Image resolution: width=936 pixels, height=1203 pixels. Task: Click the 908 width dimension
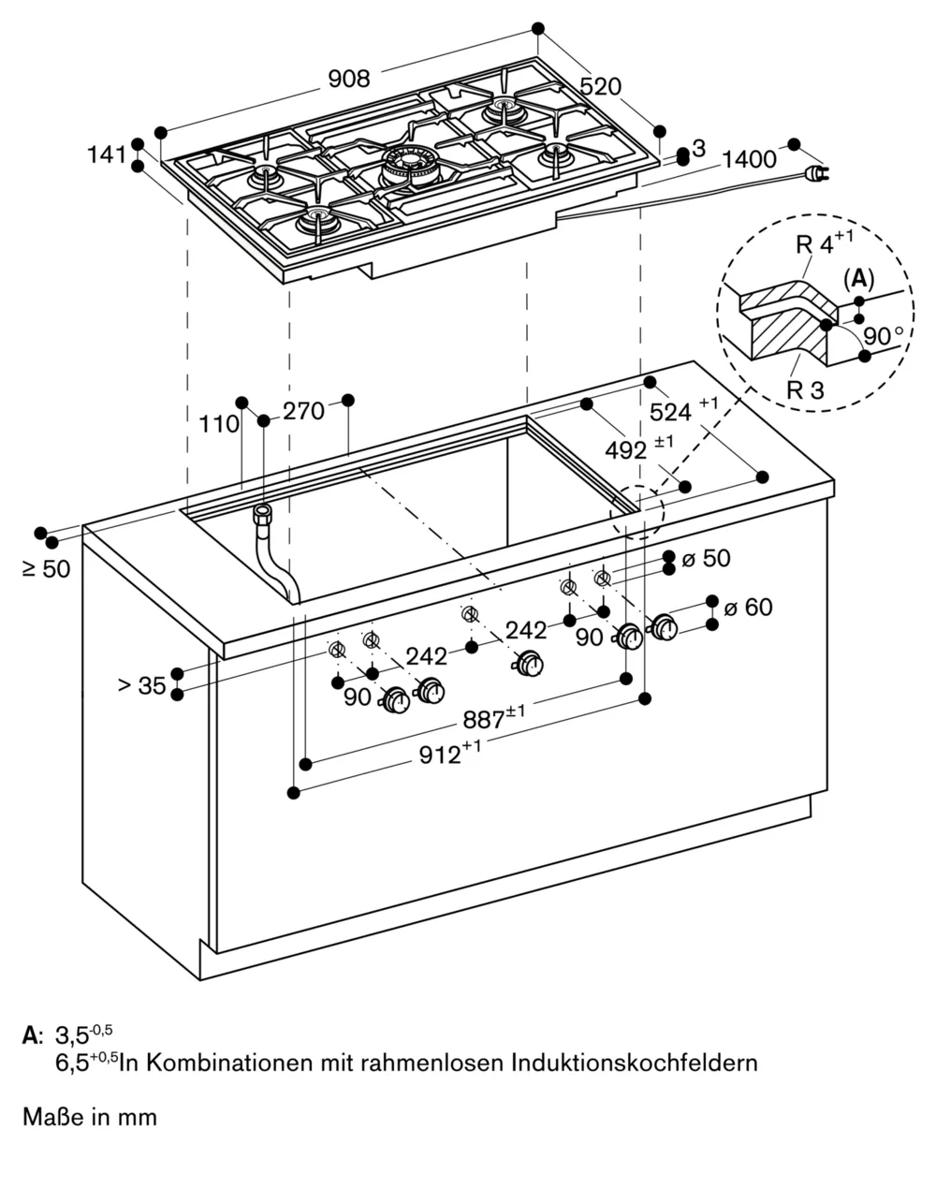(x=349, y=80)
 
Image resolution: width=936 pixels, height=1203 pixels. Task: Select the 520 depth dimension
(x=601, y=86)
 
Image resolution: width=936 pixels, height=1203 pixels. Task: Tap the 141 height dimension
(x=107, y=154)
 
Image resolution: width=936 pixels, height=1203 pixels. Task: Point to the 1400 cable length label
(x=749, y=159)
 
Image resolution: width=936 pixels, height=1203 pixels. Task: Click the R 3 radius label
(x=804, y=389)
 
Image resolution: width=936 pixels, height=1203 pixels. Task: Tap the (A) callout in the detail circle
(x=858, y=278)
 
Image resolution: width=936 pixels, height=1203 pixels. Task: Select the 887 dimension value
(x=490, y=719)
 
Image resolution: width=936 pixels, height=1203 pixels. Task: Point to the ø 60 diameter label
(x=746, y=608)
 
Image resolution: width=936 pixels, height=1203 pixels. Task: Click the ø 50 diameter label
(x=706, y=559)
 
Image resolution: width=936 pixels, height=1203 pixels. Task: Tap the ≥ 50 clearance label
(x=45, y=568)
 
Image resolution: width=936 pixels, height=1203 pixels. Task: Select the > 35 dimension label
(x=141, y=686)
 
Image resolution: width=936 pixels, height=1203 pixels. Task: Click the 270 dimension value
(x=303, y=411)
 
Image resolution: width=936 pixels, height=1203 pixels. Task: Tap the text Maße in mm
(x=90, y=1117)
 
